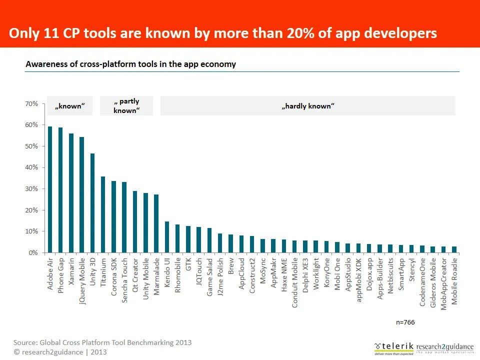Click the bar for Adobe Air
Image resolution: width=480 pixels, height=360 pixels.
pos(50,189)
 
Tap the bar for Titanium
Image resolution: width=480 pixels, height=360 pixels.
pos(103,214)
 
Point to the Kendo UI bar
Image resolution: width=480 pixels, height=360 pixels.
pos(167,237)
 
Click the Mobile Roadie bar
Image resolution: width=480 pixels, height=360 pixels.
pos(454,249)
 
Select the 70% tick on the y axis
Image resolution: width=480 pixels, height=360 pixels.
pos(31,104)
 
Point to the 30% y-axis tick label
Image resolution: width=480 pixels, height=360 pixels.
pos(31,189)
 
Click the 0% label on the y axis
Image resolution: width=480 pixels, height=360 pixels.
pos(33,253)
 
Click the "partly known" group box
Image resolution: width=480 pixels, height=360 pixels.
pos(126,106)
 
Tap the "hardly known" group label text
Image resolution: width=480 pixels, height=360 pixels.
pos(307,106)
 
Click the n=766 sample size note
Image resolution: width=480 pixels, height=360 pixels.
pos(405,322)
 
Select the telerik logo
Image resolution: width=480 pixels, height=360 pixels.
pos(394,346)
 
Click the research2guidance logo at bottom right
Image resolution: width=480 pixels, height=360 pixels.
pos(445,347)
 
